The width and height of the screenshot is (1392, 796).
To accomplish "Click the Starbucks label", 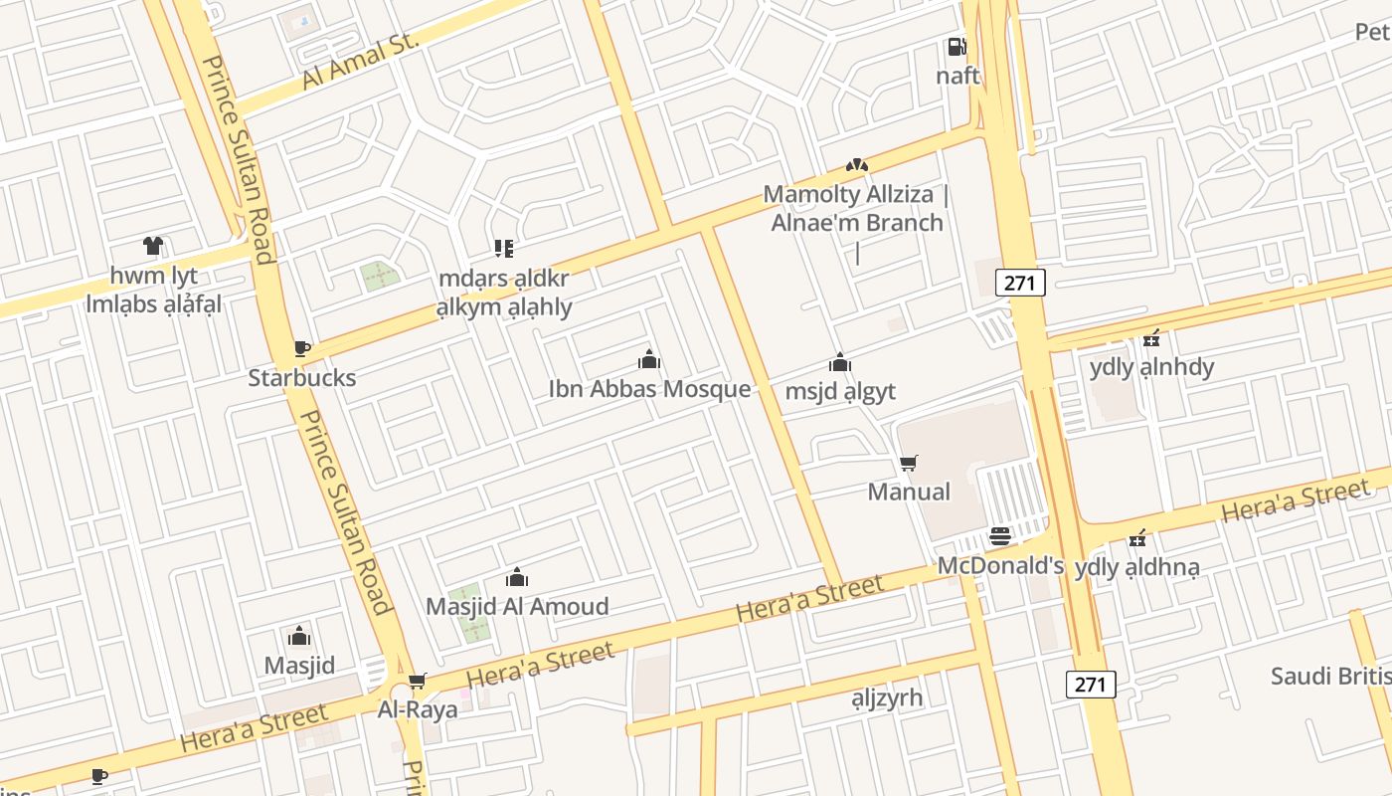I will pyautogui.click(x=301, y=378).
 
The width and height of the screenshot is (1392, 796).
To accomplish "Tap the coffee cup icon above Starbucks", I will pyautogui.click(x=302, y=348).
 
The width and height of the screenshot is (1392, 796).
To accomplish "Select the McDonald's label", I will pyautogui.click(x=1001, y=566).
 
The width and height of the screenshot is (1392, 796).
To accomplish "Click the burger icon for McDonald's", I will pyautogui.click(x=1000, y=537).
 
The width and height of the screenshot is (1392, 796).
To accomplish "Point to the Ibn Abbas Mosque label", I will pyautogui.click(x=649, y=388).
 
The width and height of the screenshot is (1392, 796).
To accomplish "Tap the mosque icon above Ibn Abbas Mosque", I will pyautogui.click(x=649, y=359).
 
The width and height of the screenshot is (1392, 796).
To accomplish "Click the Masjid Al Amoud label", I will pyautogui.click(x=517, y=606).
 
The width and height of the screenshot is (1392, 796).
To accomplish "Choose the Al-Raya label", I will pyautogui.click(x=418, y=709).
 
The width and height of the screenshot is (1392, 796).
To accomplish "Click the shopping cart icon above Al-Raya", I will pyautogui.click(x=418, y=681).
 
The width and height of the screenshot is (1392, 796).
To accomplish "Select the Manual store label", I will pyautogui.click(x=909, y=492).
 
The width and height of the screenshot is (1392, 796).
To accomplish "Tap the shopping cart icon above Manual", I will pyautogui.click(x=908, y=463).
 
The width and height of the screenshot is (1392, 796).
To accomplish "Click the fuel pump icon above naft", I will pyautogui.click(x=957, y=47).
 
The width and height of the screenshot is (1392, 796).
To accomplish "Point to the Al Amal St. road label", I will pyautogui.click(x=363, y=60).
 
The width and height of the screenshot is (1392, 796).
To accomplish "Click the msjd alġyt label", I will pyautogui.click(x=840, y=391).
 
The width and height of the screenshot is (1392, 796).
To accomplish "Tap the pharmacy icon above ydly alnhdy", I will pyautogui.click(x=1151, y=338).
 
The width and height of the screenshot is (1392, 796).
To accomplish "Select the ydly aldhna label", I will pyautogui.click(x=1137, y=567).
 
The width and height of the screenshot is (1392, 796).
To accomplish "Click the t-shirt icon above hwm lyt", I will pyautogui.click(x=153, y=246).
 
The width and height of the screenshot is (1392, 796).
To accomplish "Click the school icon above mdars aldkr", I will pyautogui.click(x=504, y=249).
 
